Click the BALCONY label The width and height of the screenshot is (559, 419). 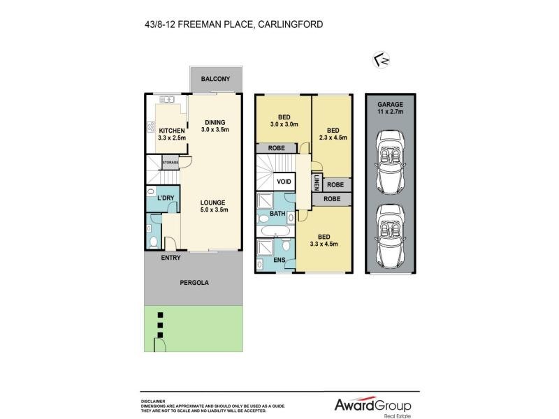coord(215,80)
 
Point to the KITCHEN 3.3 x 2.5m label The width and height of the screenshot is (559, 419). coord(171,135)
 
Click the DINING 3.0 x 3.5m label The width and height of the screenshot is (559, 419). coord(215,127)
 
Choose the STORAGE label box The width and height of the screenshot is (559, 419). coord(170,163)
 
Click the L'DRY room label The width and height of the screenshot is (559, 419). coord(165,198)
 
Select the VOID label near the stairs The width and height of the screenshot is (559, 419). coord(284,181)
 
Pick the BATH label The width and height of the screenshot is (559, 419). coord(278,214)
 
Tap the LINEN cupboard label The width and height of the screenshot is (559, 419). coord(316,183)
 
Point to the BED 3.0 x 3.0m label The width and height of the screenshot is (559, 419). coord(284,121)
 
